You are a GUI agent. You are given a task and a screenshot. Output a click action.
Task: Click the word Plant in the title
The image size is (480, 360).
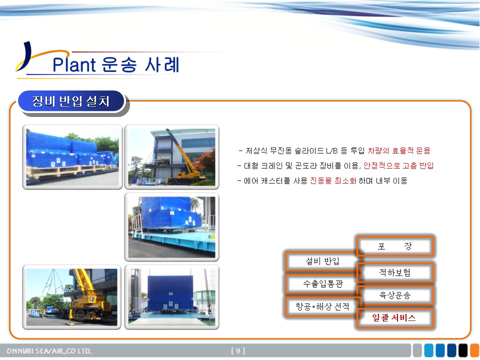point(74,64)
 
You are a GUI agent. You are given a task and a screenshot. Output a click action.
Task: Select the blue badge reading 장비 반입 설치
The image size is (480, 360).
point(71,101)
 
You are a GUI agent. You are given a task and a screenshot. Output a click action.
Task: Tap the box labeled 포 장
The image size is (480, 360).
point(395,246)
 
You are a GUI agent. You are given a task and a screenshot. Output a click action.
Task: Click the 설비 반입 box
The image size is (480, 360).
point(322,261)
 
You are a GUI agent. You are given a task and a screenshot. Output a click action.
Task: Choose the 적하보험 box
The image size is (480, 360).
point(395,272)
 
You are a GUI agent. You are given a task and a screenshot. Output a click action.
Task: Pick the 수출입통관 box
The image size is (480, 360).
point(322,284)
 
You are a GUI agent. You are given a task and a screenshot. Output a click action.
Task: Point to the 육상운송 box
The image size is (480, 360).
point(395,295)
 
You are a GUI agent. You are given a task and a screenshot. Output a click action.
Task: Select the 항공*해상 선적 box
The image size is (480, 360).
point(322,306)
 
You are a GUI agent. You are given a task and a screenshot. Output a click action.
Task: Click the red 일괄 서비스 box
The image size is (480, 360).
point(395,318)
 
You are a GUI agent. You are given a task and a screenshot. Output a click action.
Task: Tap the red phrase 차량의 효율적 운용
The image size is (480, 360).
point(399,150)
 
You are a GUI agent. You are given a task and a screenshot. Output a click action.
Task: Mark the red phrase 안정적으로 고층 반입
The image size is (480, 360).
point(398,165)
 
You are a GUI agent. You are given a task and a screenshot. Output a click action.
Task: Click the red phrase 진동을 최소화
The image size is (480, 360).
point(333,180)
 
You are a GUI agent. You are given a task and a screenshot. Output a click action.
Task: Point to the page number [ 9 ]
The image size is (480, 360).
point(238,351)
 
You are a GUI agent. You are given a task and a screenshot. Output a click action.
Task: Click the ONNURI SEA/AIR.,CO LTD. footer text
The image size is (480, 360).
point(49,351)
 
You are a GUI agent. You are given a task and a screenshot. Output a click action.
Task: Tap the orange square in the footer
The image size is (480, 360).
point(475,350)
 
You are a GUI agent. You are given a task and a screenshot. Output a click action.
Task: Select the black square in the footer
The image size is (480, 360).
point(463,350)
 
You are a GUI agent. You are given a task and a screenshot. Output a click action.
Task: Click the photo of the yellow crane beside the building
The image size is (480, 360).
point(171,156)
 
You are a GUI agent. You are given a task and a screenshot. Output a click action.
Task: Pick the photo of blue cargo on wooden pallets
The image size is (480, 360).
point(72,156)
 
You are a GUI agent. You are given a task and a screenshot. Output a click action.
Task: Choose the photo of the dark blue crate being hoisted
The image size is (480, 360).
point(171,297)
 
